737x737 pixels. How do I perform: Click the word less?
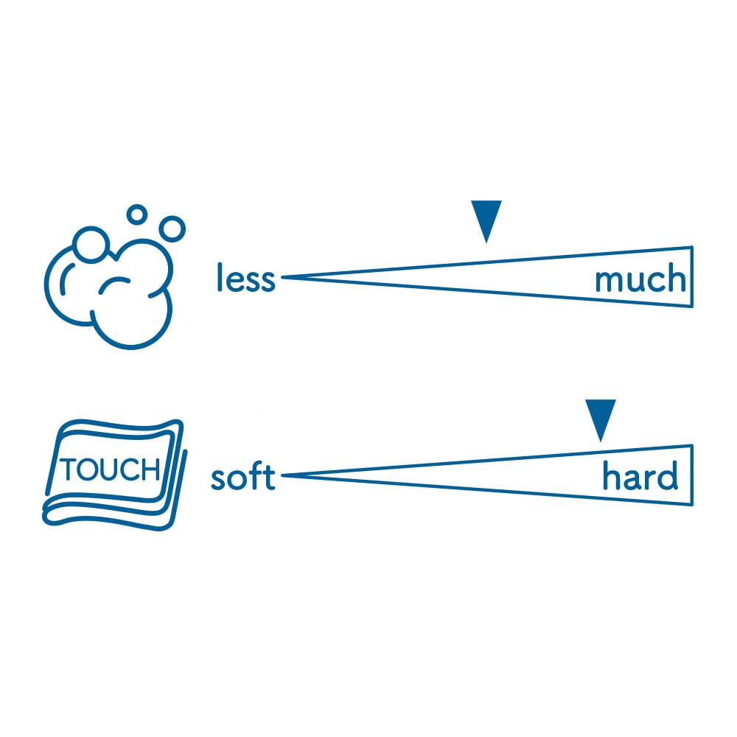[x=245, y=279]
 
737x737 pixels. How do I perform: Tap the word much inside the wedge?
[x=640, y=279]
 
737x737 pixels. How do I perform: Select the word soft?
[x=242, y=477]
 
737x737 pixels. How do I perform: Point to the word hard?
[x=640, y=477]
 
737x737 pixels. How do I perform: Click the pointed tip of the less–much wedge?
[x=284, y=277]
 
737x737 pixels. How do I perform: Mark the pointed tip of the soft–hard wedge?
[x=284, y=476]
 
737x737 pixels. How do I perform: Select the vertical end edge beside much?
[x=692, y=276]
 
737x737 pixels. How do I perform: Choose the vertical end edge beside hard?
[x=692, y=475]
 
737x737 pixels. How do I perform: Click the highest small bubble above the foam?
[x=136, y=214]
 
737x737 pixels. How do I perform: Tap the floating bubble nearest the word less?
[x=172, y=228]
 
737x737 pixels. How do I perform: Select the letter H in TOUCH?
[x=150, y=469]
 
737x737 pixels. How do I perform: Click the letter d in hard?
[x=667, y=477]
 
